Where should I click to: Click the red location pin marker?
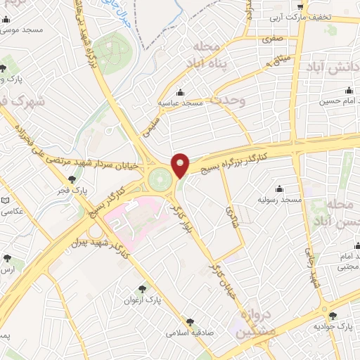point(181,165)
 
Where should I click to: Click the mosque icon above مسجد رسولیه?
point(280,188)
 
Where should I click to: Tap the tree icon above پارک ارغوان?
point(143,288)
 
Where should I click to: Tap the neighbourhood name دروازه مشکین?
point(253,323)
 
